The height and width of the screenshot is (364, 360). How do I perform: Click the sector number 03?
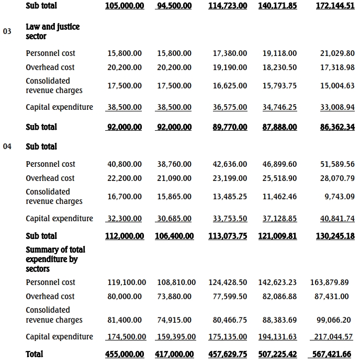(x=7, y=31)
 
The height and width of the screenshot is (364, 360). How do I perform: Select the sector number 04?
(x=7, y=146)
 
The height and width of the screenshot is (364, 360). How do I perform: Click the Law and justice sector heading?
(x=52, y=31)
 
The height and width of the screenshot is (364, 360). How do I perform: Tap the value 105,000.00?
(x=125, y=6)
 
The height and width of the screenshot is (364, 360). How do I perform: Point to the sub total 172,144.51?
(x=335, y=6)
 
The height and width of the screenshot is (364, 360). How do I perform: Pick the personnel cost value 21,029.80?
(x=337, y=53)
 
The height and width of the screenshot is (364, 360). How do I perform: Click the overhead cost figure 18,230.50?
(x=279, y=67)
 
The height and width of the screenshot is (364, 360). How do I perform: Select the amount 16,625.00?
(x=230, y=86)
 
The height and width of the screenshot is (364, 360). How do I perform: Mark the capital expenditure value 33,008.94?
(x=337, y=107)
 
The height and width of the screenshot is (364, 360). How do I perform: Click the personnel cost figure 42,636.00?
(x=230, y=164)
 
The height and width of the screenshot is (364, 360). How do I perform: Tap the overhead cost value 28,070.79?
(x=337, y=178)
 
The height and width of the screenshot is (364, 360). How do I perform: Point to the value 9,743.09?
(x=340, y=197)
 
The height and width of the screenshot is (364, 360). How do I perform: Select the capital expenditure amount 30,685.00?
(x=174, y=219)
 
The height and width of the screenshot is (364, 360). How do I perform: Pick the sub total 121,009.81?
(x=277, y=236)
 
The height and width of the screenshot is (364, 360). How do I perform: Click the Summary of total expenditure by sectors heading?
(x=55, y=259)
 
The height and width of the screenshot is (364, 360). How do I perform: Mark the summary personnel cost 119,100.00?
(x=127, y=282)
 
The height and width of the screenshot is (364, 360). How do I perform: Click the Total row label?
(x=35, y=354)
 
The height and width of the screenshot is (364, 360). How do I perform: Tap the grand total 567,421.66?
(x=332, y=354)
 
